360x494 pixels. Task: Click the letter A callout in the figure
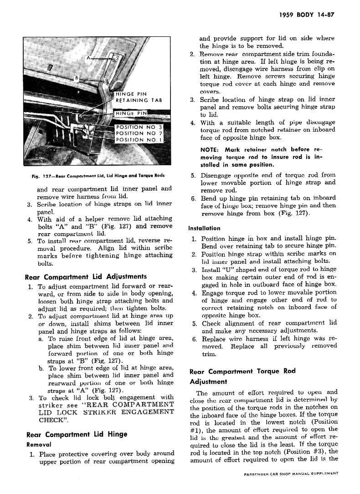coord(89,58)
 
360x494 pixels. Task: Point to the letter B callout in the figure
coord(77,78)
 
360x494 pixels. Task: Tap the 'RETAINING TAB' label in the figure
coord(139,101)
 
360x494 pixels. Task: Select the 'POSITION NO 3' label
coord(139,127)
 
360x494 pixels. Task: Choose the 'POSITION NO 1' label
coord(139,140)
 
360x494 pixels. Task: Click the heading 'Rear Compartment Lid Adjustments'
coord(86,276)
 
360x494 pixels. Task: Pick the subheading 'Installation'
coord(204,228)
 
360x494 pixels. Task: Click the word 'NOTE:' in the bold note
coord(211,149)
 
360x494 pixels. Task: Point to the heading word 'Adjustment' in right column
coord(208,382)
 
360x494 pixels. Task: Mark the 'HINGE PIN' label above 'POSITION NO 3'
coord(133,113)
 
